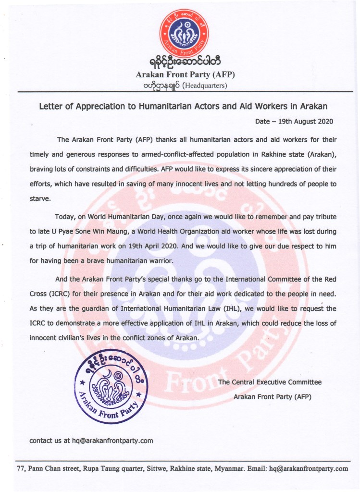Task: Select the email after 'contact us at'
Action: (x=112, y=441)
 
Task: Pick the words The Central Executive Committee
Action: (x=270, y=382)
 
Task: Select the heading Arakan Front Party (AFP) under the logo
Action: (x=185, y=75)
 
